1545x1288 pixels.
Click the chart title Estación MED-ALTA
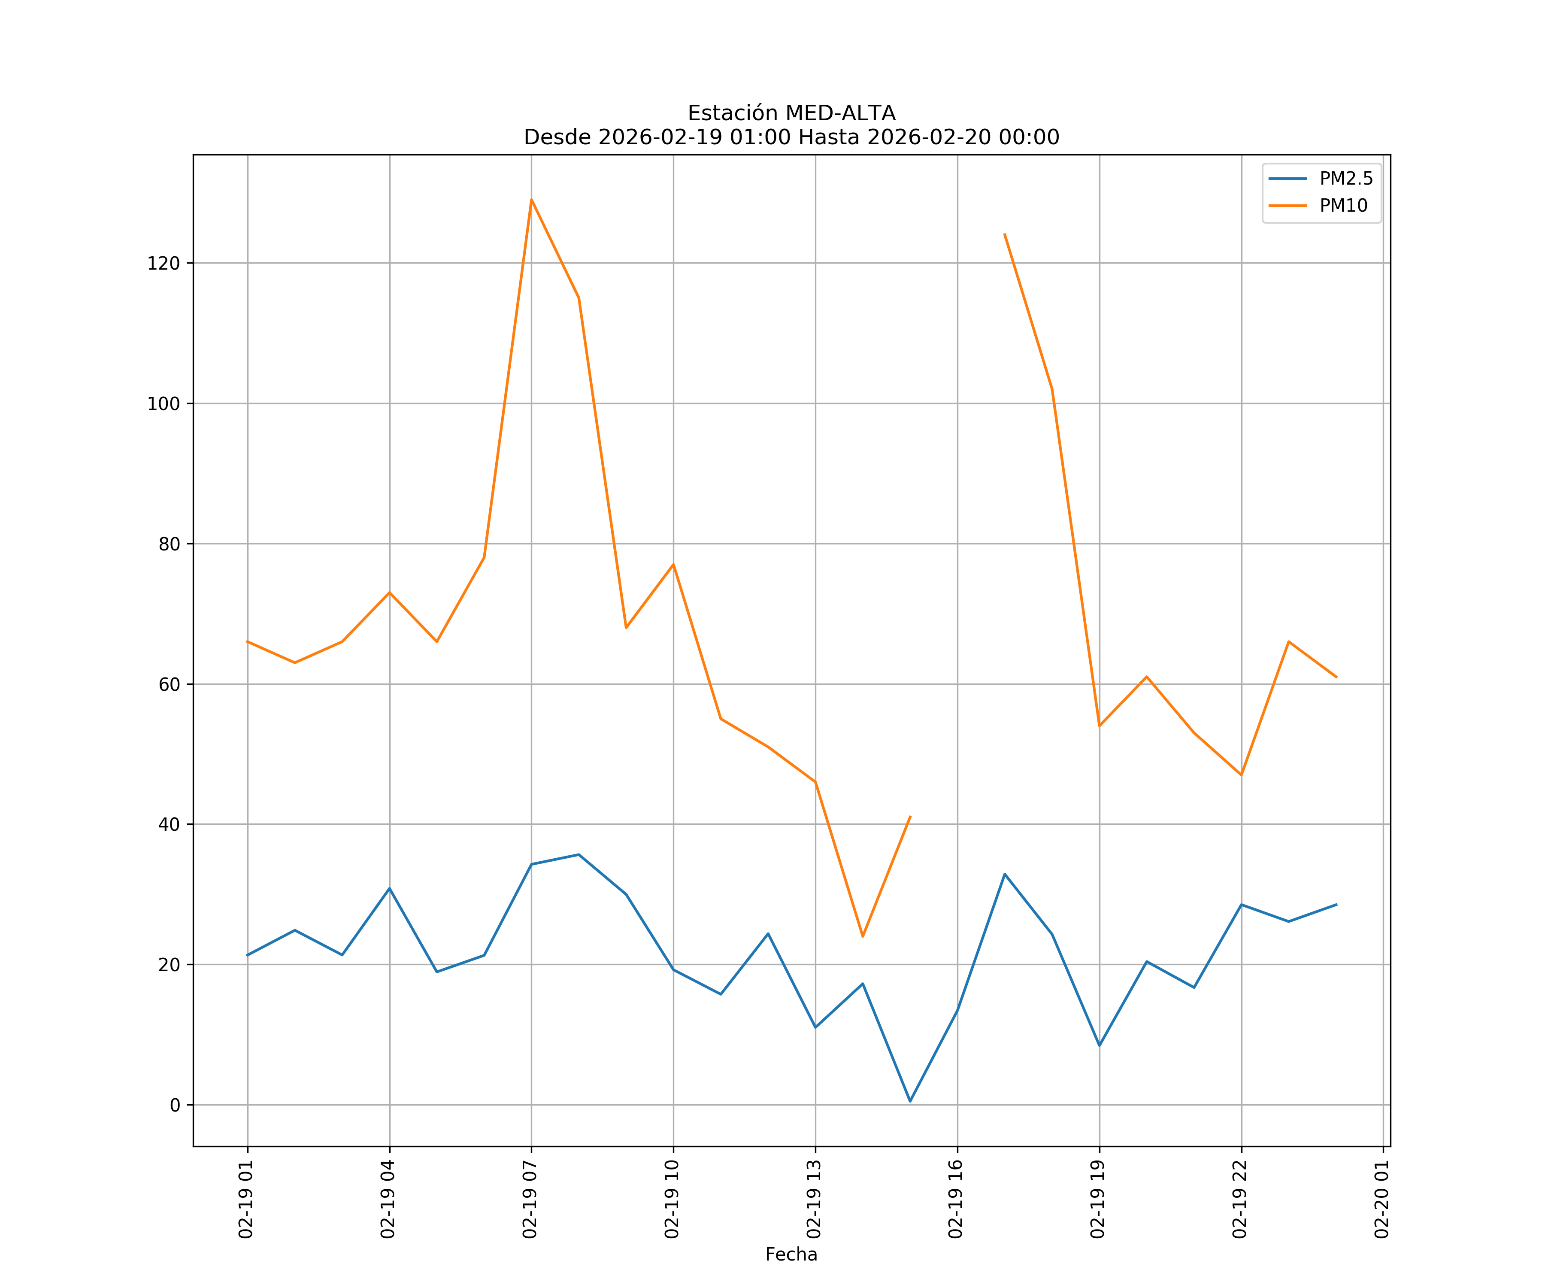[791, 113]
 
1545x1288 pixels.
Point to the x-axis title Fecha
[791, 1254]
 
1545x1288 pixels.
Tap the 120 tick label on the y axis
[164, 264]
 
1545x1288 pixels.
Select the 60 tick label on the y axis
[169, 684]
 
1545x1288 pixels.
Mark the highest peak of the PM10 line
[531, 200]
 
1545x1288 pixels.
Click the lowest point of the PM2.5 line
[910, 1101]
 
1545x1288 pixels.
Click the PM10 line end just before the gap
[910, 816]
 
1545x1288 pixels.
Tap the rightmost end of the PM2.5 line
[1336, 905]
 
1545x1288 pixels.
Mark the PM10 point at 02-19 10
[673, 565]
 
